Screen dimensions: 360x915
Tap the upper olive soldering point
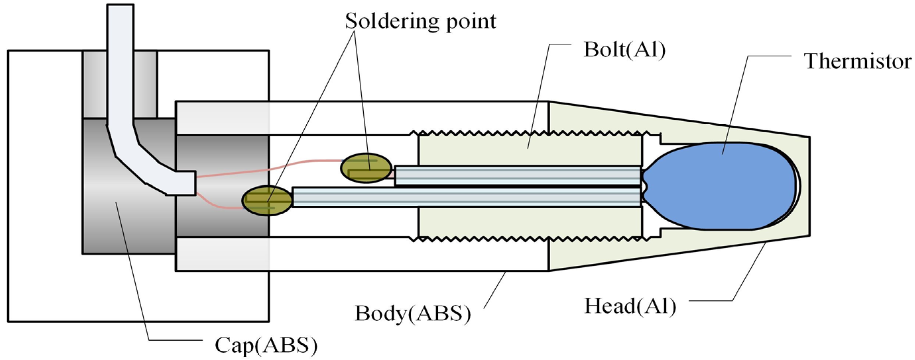[366, 168]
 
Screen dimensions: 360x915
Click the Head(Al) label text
[630, 306]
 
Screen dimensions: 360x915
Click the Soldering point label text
[420, 21]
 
